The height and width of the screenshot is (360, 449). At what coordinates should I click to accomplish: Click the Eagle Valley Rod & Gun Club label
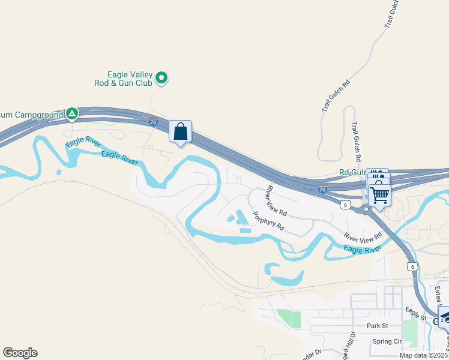123,79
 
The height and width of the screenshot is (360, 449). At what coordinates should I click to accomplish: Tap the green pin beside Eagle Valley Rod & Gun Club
161,77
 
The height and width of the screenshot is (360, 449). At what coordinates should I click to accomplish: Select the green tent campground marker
72,113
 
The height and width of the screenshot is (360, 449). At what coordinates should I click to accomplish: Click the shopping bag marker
181,132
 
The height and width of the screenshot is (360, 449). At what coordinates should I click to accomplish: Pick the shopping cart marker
379,195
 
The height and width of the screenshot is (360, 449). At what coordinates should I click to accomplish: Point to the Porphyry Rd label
268,223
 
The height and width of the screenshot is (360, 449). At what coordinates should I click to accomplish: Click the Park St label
378,326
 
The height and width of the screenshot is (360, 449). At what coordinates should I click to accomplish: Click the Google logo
20,353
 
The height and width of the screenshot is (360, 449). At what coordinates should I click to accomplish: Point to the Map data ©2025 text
424,355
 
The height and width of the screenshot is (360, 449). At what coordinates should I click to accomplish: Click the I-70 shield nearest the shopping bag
154,122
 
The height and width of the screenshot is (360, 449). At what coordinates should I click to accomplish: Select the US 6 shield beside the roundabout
345,205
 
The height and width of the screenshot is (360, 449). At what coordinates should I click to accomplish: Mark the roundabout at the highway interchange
365,209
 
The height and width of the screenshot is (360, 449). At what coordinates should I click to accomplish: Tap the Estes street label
438,294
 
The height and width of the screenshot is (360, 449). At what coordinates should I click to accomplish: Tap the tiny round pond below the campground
59,172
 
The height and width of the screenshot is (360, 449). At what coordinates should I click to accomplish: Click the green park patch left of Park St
289,318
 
